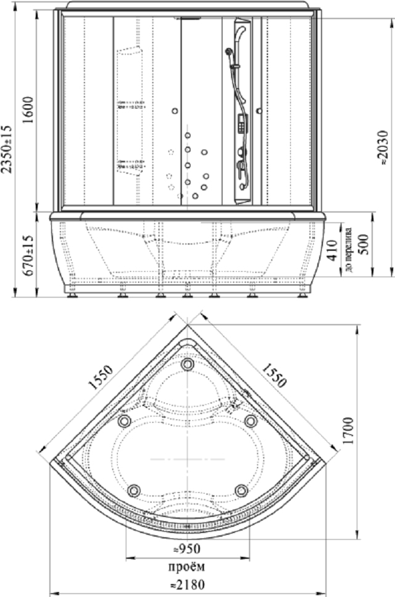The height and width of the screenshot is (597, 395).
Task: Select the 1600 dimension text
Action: [x=28, y=110]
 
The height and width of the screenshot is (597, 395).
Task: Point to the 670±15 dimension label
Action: [x=28, y=254]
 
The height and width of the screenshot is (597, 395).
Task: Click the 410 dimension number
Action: [x=332, y=250]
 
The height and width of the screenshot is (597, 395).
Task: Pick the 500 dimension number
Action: [x=364, y=245]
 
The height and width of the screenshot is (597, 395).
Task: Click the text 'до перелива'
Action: [x=348, y=250]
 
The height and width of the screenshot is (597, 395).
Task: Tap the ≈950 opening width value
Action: [x=187, y=549]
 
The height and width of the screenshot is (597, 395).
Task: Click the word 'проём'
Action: [x=187, y=567]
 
